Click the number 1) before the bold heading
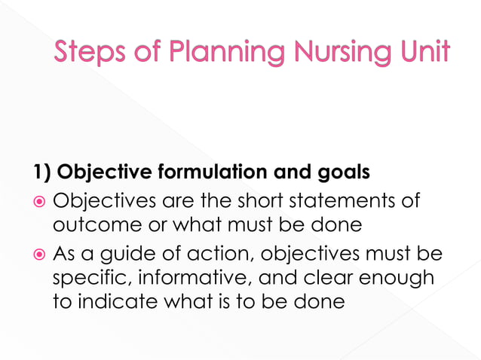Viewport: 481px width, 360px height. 40,173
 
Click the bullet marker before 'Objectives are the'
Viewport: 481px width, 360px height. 40,203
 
